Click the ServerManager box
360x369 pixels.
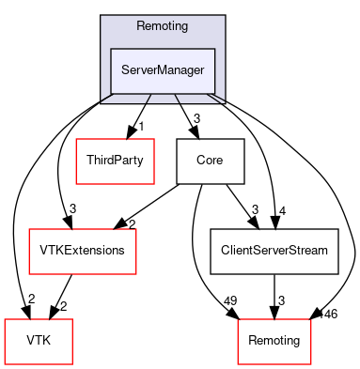163,69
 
